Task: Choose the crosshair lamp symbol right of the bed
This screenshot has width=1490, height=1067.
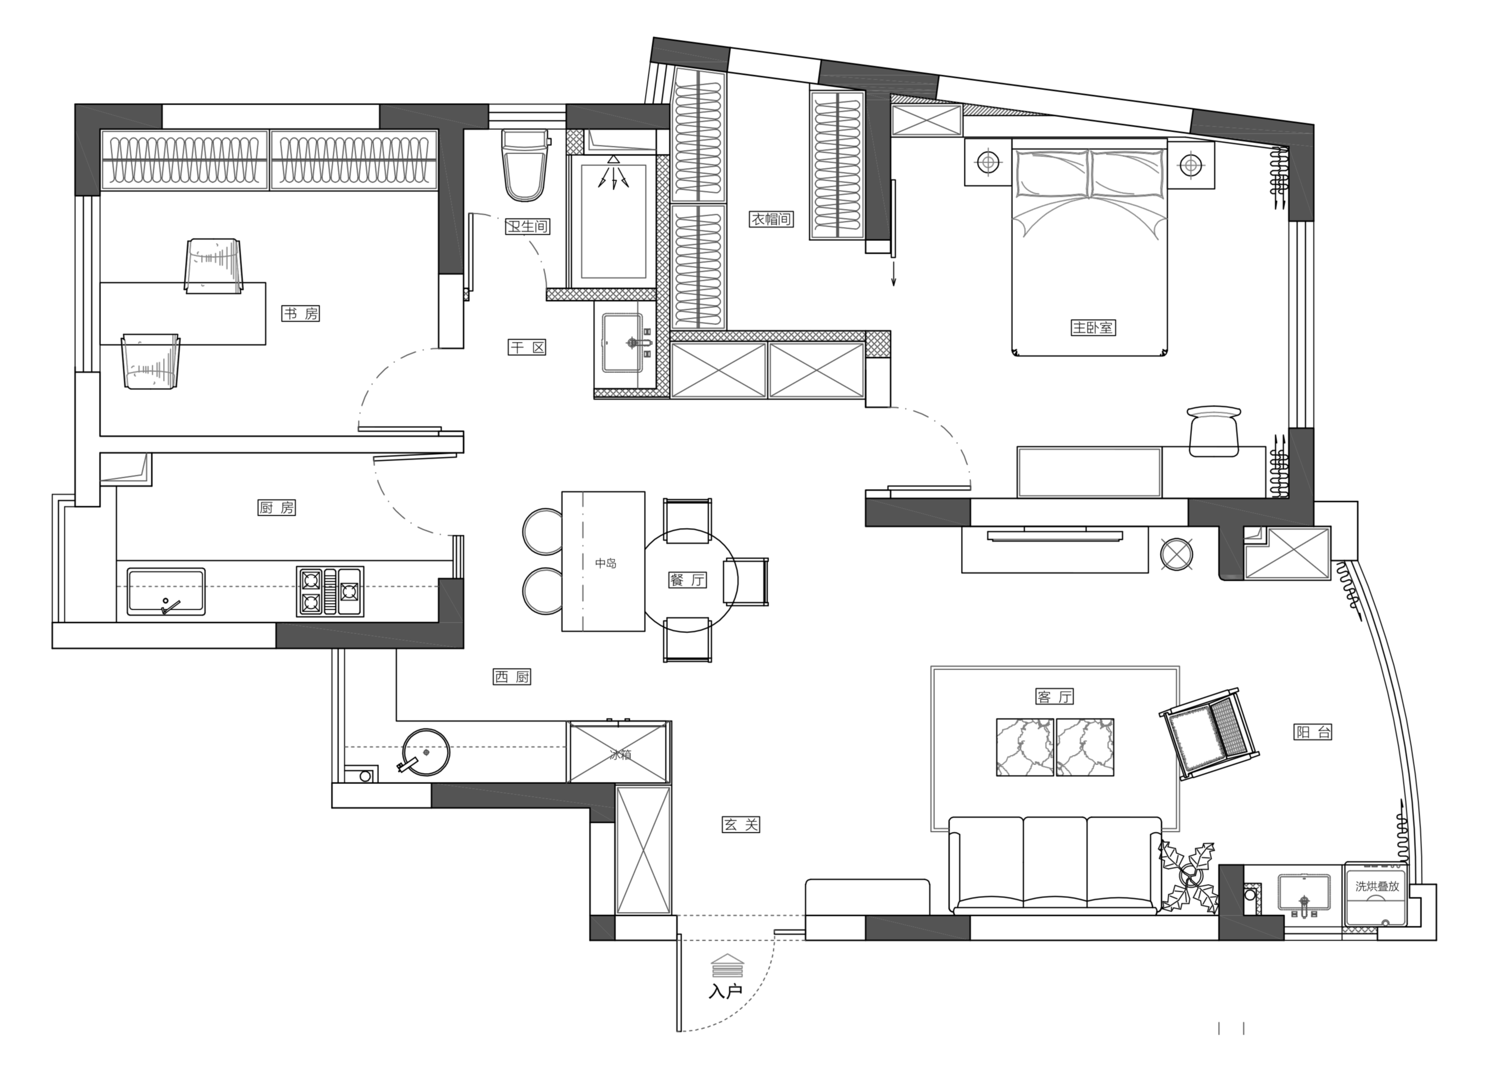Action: (x=1190, y=165)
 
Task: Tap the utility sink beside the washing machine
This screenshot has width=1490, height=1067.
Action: (x=1304, y=893)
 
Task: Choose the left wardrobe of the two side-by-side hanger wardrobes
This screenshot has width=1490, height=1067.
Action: (x=185, y=160)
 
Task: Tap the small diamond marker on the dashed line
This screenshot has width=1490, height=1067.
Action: (x=426, y=752)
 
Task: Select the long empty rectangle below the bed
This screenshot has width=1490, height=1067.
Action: (x=1089, y=472)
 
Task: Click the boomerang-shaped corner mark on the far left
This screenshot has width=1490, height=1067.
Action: (x=128, y=471)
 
